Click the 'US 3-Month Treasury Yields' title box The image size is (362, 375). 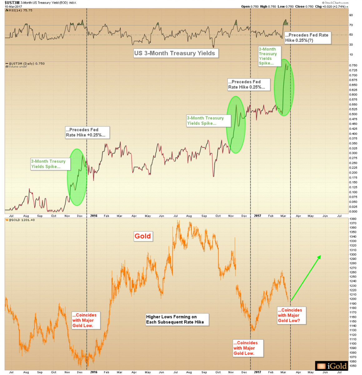[175, 53]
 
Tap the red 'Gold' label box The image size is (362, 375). [143, 236]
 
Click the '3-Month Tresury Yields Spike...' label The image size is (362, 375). [49, 164]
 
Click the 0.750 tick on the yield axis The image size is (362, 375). [354, 65]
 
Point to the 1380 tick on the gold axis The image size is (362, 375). [353, 219]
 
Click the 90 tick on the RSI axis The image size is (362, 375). [351, 15]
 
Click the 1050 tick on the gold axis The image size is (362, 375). [353, 366]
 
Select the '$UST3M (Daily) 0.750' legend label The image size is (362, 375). [27, 63]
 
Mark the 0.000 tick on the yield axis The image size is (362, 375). [354, 212]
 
